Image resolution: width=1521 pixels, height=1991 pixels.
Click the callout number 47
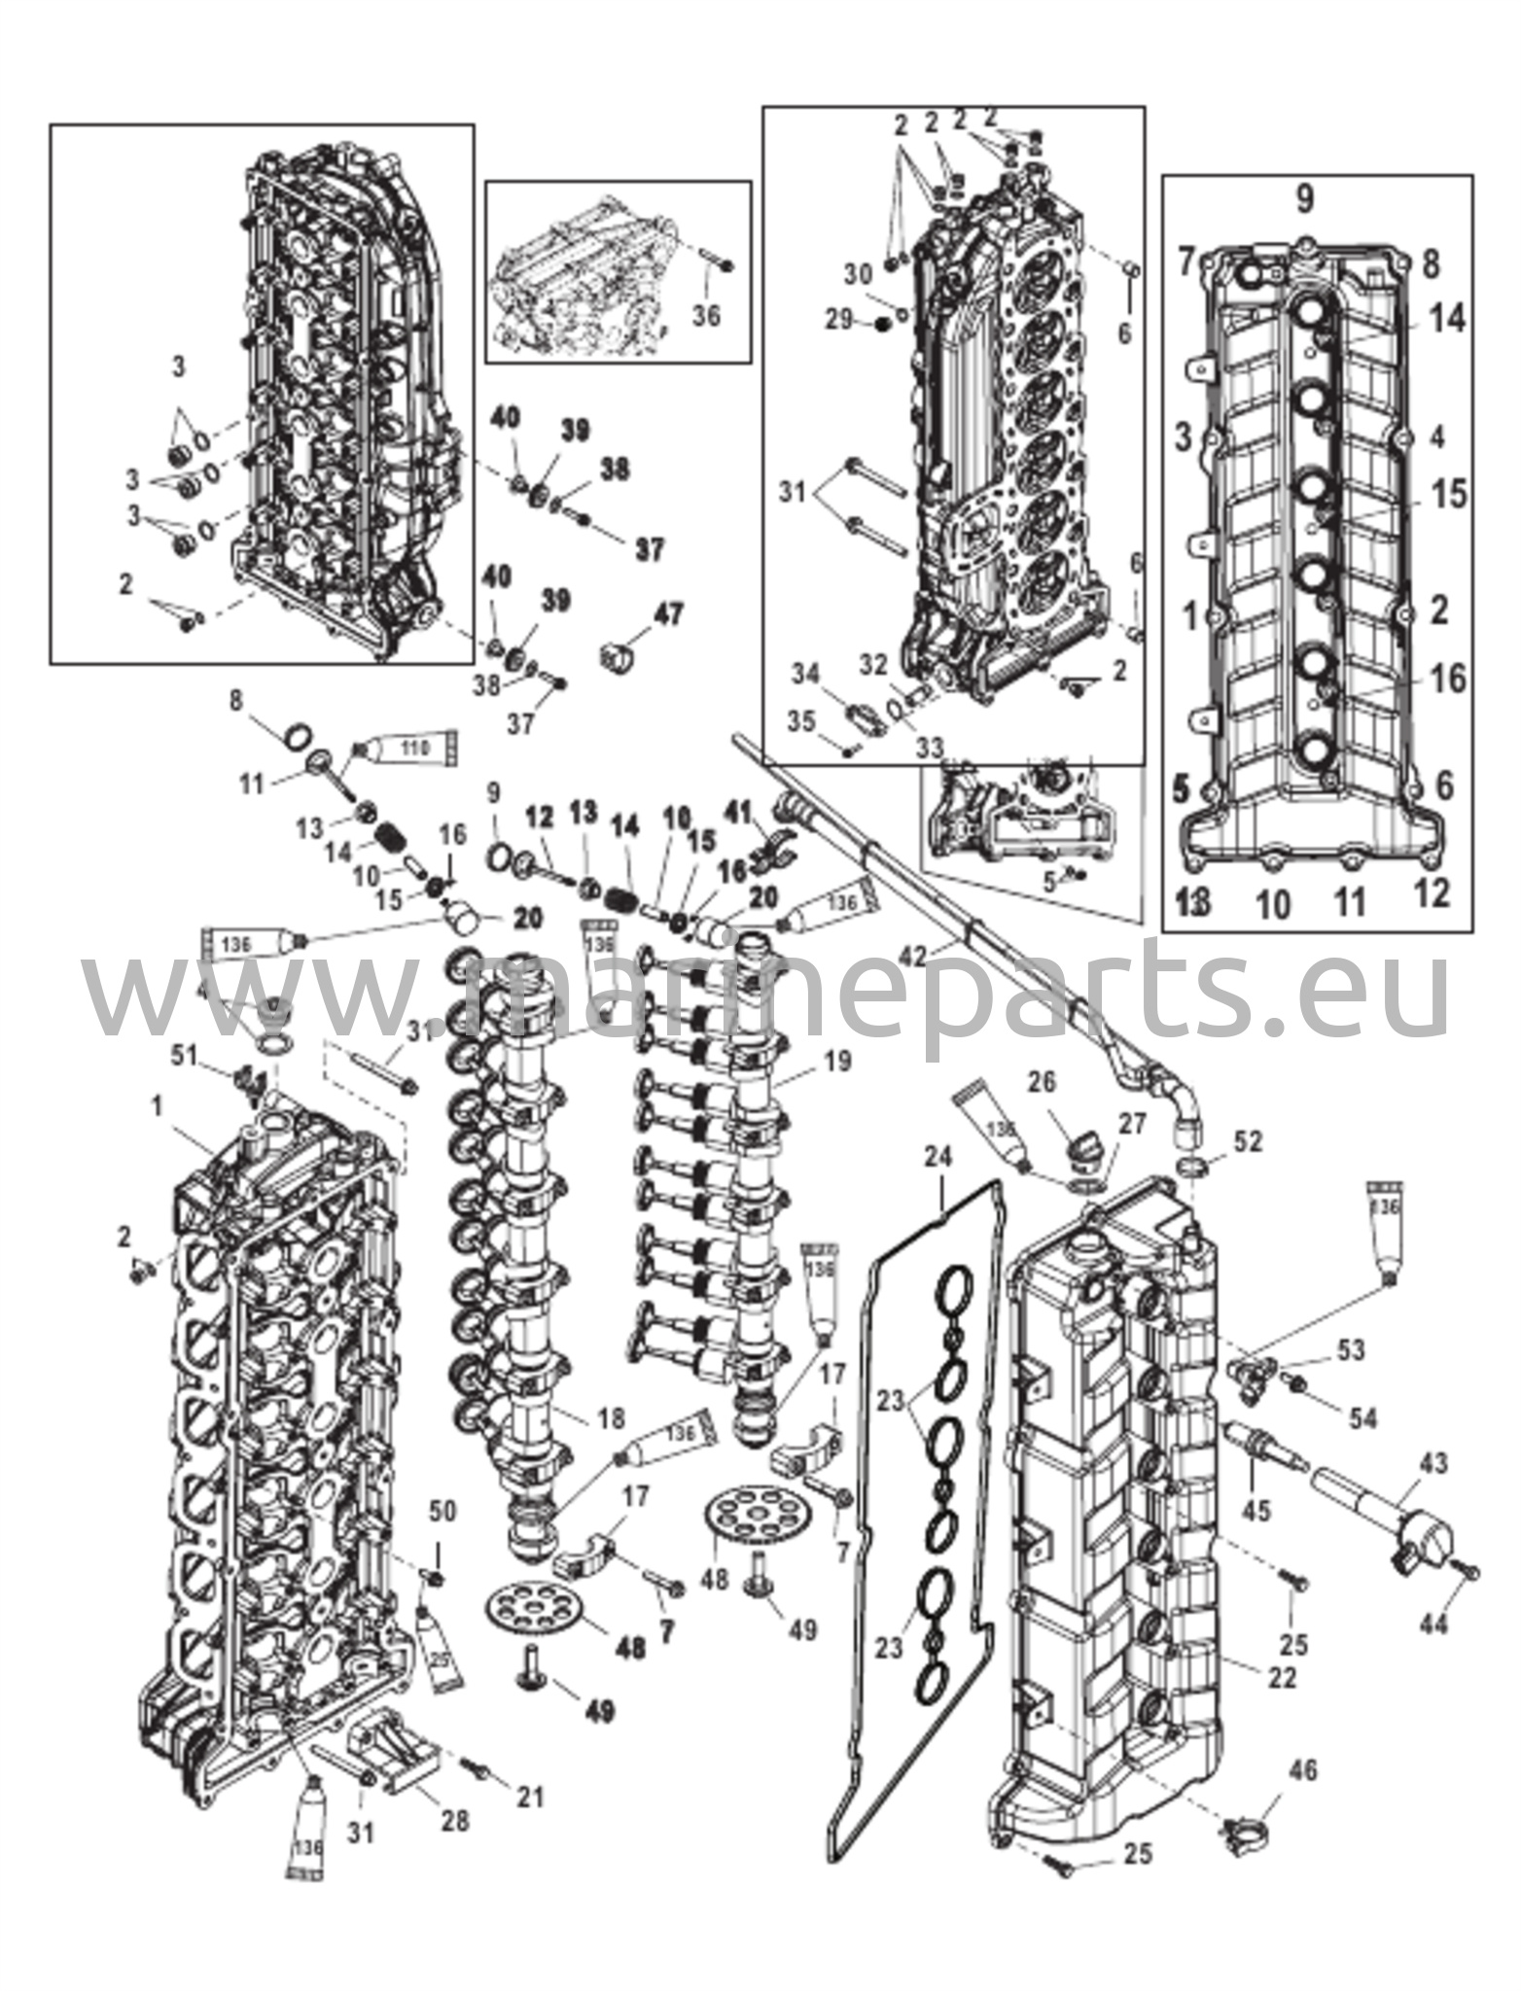pyautogui.click(x=668, y=614)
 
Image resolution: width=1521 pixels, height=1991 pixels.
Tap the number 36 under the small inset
pyautogui.click(x=707, y=316)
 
